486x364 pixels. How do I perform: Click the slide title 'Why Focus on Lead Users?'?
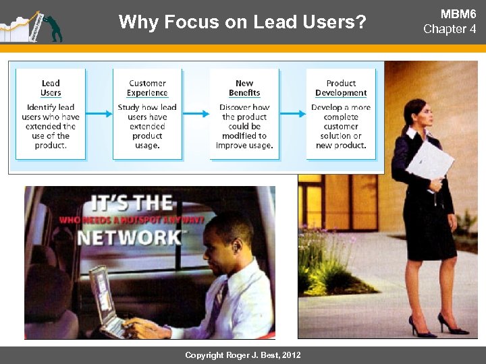point(242,22)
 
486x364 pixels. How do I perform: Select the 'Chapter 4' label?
point(450,29)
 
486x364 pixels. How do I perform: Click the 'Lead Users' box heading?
point(51,88)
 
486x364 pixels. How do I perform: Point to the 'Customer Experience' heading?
point(147,88)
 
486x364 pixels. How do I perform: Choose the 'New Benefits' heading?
point(244,88)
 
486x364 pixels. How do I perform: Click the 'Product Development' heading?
point(341,88)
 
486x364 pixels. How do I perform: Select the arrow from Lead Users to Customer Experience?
point(99,114)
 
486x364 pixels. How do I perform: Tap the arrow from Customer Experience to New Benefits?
point(196,114)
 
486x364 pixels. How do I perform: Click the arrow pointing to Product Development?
point(293,114)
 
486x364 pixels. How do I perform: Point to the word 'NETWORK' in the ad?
point(129,238)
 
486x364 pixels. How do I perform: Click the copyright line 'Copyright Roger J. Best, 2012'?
point(243,355)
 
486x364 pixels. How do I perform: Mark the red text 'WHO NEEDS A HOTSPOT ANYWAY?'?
point(132,220)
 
